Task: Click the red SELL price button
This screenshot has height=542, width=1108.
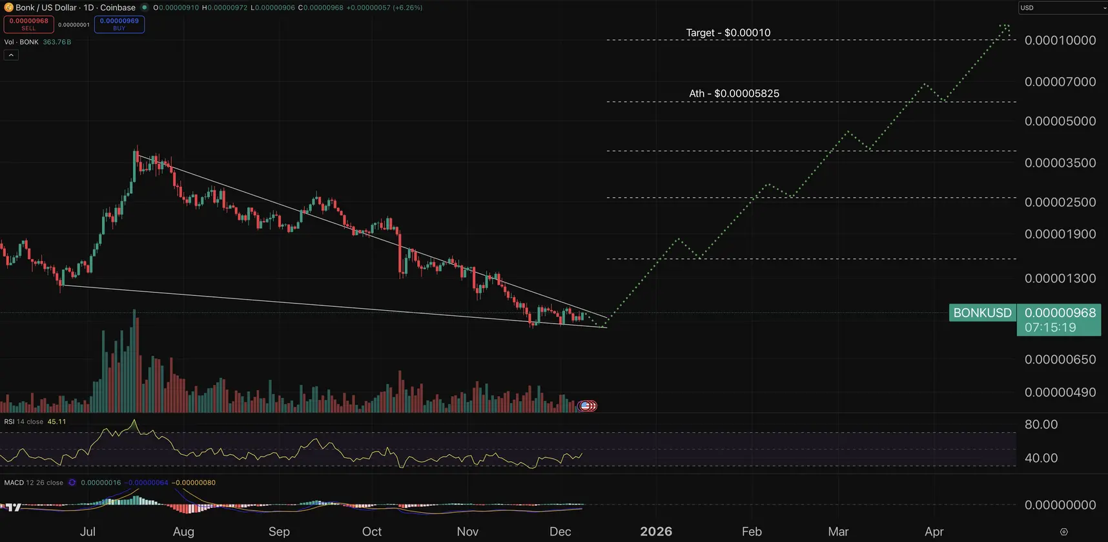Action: coord(29,24)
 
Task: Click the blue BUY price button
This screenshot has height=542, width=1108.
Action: coord(119,24)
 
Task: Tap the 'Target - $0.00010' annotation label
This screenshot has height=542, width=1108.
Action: coord(728,33)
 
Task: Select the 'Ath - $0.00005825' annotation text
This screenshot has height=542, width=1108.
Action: coord(734,94)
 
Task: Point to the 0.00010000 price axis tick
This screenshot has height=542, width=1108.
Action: coord(1060,40)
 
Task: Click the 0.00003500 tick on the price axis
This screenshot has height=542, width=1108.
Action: coord(1060,163)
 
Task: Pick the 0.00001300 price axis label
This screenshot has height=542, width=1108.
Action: coord(1060,278)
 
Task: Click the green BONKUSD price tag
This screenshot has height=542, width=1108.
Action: coord(982,313)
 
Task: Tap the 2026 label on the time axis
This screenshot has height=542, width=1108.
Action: coord(656,532)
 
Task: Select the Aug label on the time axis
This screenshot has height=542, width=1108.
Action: coord(183,532)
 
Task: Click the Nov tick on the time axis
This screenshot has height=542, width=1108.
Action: coord(467,532)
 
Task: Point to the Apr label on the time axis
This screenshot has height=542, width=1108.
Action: coord(934,532)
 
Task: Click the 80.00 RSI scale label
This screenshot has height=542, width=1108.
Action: coord(1041,424)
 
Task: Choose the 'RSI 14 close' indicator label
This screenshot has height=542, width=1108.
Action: coord(24,422)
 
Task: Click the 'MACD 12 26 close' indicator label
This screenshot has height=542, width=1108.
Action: coord(34,483)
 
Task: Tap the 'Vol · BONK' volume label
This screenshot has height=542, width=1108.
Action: coord(21,42)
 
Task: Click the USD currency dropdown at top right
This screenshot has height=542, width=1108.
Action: coord(1062,8)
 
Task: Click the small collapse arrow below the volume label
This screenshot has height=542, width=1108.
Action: coord(11,56)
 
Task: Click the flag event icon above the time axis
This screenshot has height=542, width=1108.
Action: coord(586,406)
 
